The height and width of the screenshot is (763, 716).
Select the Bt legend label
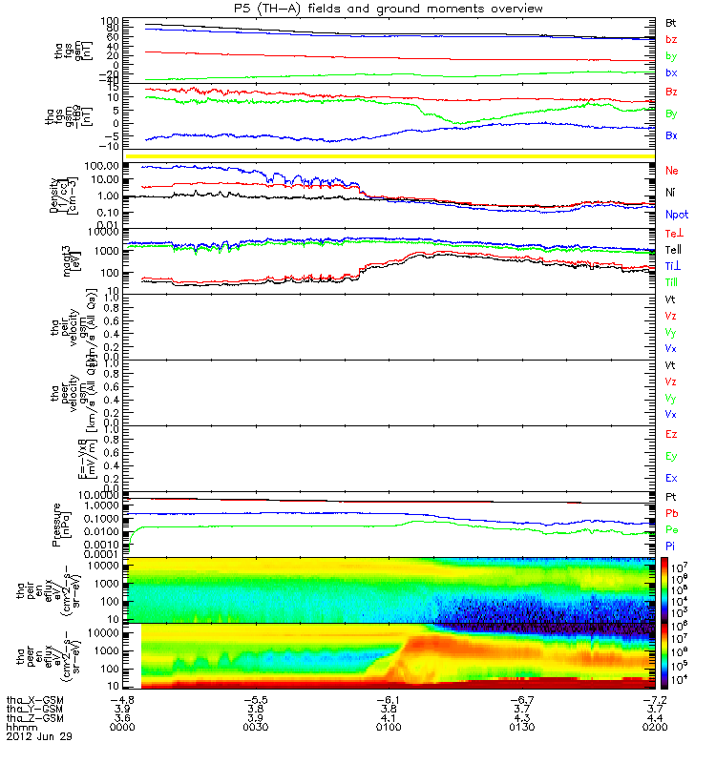[x=672, y=21]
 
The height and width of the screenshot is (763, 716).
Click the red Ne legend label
[x=672, y=171]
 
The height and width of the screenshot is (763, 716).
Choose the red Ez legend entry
[x=672, y=435]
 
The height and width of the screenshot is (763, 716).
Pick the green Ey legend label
[x=672, y=456]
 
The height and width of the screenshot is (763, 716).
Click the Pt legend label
[x=671, y=497]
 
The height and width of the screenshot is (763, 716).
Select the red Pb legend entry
[x=672, y=513]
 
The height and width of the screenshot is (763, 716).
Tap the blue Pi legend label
[x=671, y=546]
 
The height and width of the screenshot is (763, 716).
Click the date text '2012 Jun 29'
[x=38, y=736]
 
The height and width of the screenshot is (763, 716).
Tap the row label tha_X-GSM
[x=33, y=698]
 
